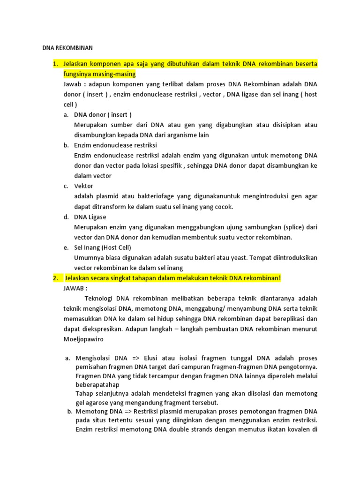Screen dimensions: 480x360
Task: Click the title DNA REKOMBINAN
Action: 68,48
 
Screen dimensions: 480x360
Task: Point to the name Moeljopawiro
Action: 83,338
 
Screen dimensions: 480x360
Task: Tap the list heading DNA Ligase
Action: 90,217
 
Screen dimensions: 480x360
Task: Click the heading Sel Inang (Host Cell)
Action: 103,247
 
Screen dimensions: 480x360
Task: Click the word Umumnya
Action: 89,257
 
